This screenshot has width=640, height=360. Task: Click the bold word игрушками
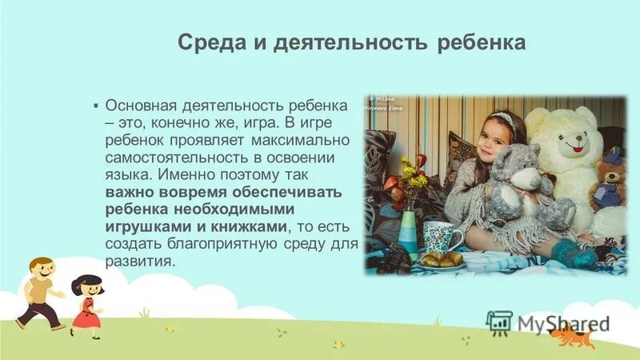click(145, 228)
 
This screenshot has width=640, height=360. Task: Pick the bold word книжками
click(243, 228)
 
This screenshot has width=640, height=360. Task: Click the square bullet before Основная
click(96, 106)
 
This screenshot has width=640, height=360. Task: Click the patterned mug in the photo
click(438, 237)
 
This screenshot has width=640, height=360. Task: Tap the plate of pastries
click(441, 259)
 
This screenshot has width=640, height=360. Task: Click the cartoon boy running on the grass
click(38, 291)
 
